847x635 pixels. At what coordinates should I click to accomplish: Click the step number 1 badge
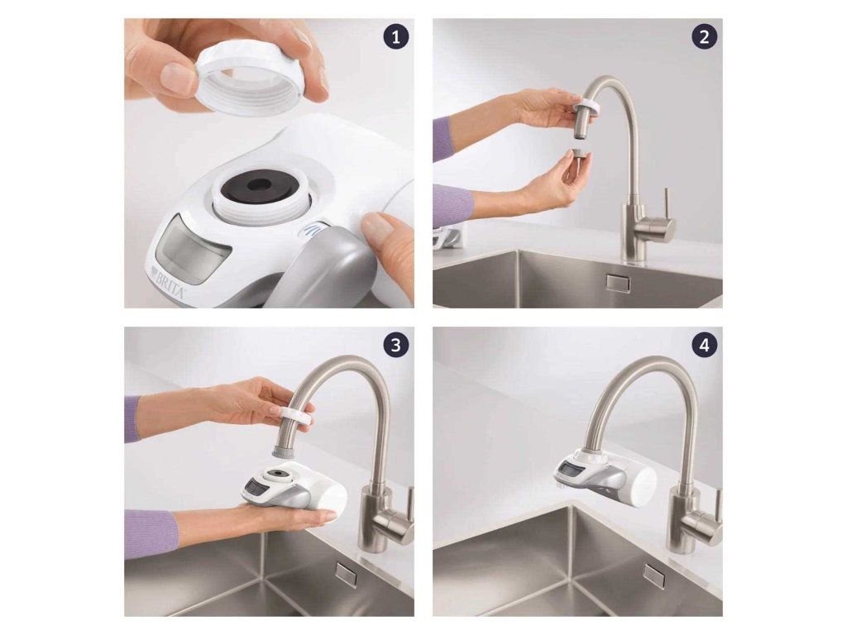coord(396,37)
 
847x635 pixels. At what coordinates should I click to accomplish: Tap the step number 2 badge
coord(704,37)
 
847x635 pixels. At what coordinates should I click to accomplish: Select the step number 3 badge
coord(396,345)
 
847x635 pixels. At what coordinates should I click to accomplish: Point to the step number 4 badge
coord(704,345)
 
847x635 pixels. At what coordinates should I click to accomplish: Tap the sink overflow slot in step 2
coord(618,283)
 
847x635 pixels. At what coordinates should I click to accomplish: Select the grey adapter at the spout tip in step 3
coord(285,451)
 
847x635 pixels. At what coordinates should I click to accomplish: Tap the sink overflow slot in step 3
coord(346,574)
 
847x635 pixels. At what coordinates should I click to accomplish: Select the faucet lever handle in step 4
coord(718,507)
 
